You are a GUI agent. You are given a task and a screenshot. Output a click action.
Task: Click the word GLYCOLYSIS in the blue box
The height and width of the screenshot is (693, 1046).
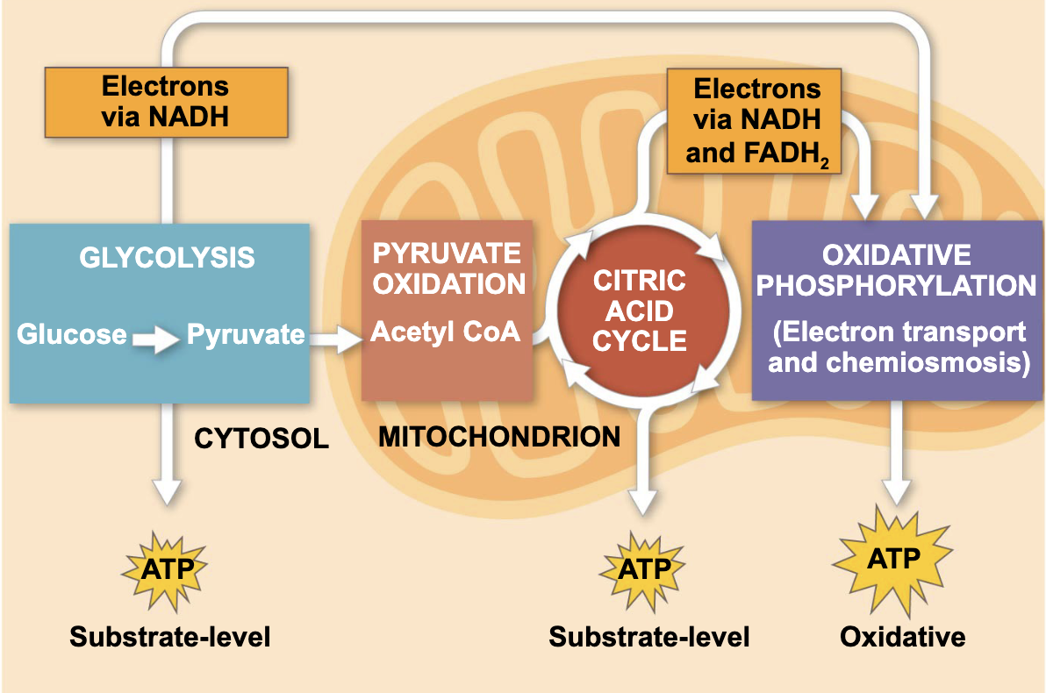(167, 258)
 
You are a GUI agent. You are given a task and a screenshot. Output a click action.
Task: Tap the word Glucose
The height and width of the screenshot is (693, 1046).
(71, 334)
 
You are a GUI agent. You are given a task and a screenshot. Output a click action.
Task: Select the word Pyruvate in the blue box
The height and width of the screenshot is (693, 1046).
(245, 334)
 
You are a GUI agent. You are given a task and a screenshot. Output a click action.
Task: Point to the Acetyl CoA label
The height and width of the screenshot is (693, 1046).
(446, 332)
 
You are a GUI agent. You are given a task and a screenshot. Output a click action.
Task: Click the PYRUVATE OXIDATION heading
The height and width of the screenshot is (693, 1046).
(448, 268)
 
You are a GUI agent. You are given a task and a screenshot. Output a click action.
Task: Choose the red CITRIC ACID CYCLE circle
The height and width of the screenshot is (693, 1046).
(639, 311)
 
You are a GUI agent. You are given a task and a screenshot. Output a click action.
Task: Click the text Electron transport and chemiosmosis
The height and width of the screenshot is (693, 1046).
(898, 347)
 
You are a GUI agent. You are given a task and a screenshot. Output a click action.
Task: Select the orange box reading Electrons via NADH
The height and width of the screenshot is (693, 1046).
(165, 101)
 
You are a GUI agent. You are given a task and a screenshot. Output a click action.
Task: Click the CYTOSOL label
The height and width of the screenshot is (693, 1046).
(261, 439)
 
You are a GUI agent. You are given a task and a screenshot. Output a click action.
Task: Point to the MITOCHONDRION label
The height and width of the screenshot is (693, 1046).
(499, 436)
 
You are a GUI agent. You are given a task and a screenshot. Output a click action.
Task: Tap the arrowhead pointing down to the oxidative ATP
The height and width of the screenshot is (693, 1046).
(896, 492)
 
